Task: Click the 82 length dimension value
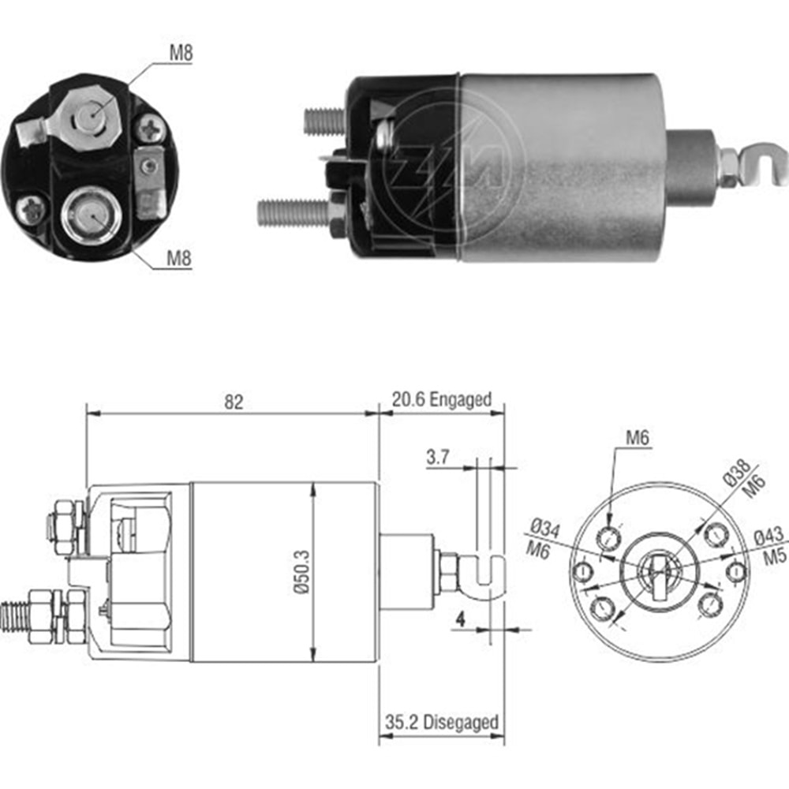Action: [x=232, y=402]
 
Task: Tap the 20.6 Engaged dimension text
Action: [x=441, y=399]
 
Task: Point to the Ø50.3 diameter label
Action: [x=301, y=573]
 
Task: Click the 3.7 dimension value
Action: [x=439, y=456]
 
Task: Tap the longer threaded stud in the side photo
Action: [x=292, y=212]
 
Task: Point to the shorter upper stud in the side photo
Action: [x=323, y=121]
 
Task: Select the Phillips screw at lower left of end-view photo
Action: [x=31, y=210]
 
